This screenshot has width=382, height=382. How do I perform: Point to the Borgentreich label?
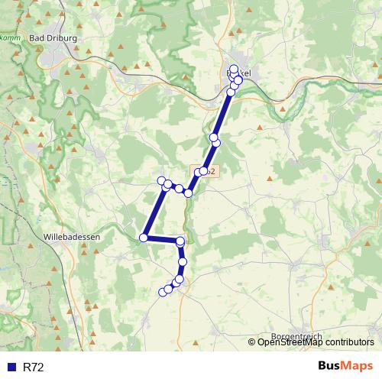click(297, 336)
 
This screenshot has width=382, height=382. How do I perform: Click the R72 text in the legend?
click(34, 367)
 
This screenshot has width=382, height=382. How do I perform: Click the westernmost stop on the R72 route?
click(144, 238)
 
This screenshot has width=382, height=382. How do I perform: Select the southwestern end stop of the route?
click(162, 292)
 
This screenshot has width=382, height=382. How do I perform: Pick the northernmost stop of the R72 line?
click(233, 69)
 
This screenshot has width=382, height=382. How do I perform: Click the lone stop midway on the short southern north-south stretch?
click(182, 262)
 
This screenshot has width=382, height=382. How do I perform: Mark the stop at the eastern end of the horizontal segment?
click(180, 241)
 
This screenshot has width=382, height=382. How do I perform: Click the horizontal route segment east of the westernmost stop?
click(162, 239)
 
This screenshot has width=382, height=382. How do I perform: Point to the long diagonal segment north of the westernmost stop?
click(153, 210)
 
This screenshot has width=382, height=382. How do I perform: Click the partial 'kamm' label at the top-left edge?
click(10, 37)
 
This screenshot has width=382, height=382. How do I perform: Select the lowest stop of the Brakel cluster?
click(231, 92)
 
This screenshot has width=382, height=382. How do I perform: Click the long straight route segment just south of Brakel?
click(223, 115)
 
